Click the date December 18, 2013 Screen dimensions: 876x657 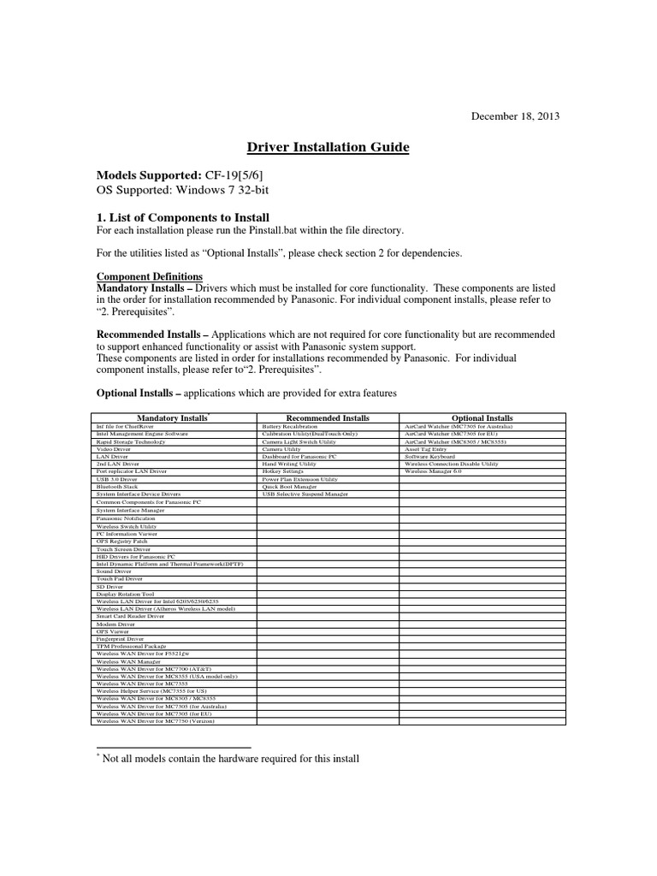(516, 116)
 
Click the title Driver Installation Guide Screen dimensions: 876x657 (328, 148)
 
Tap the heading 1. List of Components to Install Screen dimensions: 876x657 (182, 216)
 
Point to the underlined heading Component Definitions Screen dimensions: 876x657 (149, 277)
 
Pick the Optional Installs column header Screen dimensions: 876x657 (482, 418)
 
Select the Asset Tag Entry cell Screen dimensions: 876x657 (425, 449)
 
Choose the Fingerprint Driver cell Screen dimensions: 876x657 (120, 638)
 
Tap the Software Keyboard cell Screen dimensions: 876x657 (429, 457)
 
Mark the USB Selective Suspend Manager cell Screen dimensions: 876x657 (305, 495)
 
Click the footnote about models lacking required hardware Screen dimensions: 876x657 (227, 759)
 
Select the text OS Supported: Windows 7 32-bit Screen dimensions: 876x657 (179, 189)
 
